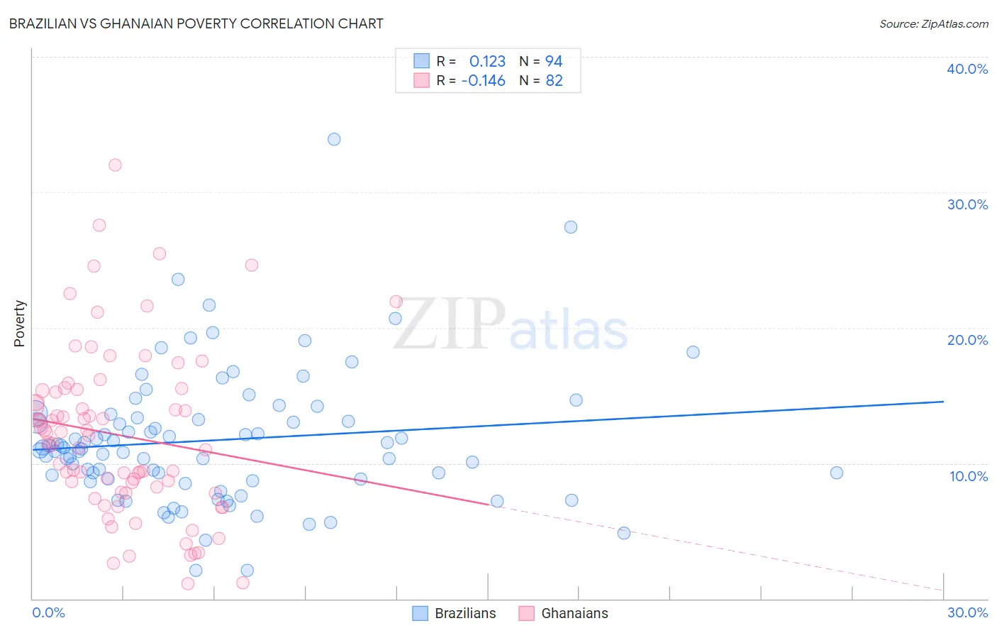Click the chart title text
196,23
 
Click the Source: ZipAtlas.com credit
933,23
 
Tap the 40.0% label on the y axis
967,69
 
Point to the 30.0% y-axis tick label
967,204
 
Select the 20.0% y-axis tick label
967,340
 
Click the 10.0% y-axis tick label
968,476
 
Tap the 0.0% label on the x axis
48,612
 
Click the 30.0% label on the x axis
967,612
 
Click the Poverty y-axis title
19,324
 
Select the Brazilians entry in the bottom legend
464,613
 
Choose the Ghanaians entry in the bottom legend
574,613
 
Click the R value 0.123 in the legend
487,62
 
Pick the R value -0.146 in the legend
483,81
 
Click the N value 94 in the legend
554,62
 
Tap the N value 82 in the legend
554,81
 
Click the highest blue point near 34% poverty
334,139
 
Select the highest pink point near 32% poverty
115,165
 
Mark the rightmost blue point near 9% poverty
837,473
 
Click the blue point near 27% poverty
571,227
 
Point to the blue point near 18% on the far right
693,352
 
